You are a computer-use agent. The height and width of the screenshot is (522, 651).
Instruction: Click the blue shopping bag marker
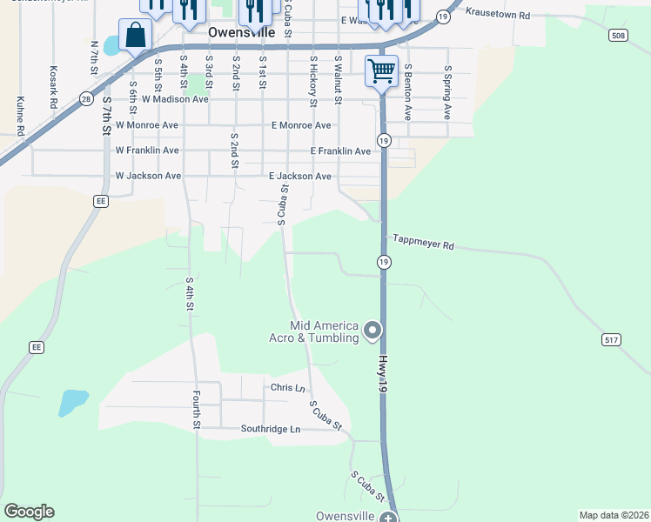(x=136, y=37)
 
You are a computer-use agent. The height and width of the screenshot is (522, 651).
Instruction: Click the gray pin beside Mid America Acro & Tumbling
(x=372, y=330)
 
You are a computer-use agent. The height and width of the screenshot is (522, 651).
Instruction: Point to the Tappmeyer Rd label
(x=424, y=243)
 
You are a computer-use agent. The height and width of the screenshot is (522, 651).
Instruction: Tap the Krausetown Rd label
(x=498, y=15)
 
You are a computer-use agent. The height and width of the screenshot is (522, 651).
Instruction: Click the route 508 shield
(x=618, y=36)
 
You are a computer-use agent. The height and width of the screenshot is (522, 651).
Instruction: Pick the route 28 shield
(x=86, y=99)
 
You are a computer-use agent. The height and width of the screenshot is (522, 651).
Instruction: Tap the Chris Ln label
(x=288, y=387)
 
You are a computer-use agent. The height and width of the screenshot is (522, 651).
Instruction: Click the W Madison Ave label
(x=162, y=99)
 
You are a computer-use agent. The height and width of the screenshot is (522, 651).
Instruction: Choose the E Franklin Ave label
(x=340, y=151)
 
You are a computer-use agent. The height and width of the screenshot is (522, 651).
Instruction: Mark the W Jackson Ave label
(x=148, y=176)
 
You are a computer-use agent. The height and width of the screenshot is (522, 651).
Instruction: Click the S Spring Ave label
(x=447, y=92)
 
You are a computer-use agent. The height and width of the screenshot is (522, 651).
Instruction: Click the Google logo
(x=29, y=512)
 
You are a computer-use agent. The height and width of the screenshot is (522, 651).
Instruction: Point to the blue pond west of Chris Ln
(x=73, y=401)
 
